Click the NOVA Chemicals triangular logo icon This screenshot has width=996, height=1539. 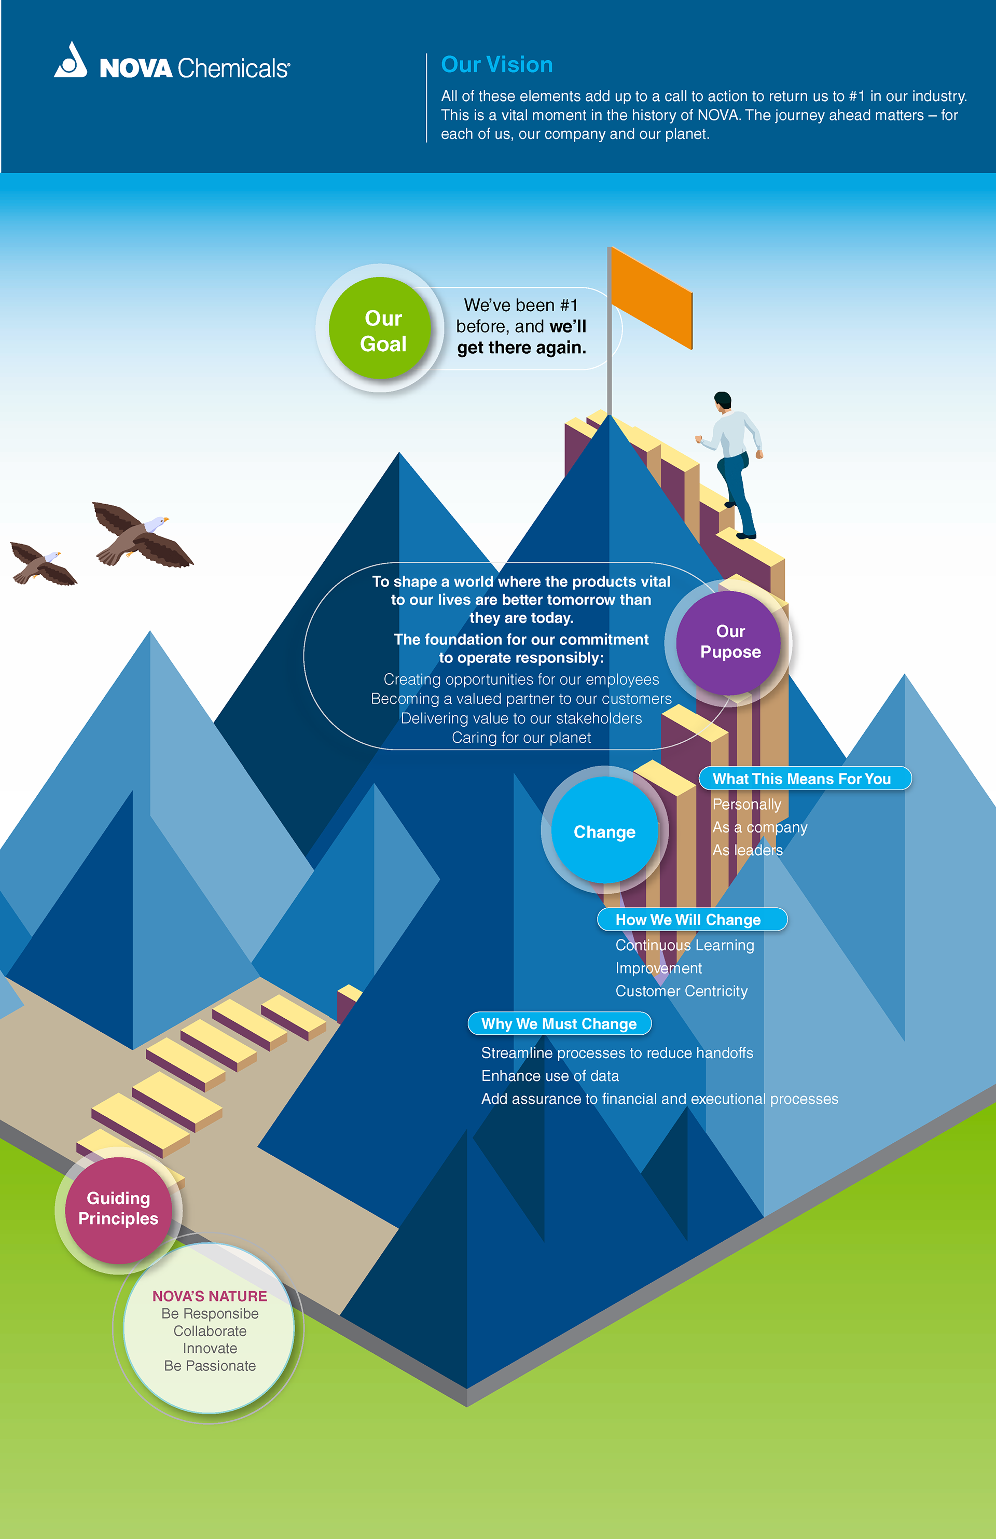71,61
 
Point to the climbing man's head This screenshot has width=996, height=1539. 723,400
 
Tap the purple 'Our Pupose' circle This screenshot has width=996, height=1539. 729,642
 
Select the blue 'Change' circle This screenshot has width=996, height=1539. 604,831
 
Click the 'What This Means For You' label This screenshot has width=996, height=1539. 802,779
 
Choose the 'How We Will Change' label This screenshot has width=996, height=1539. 688,920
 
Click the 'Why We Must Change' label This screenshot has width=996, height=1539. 559,1023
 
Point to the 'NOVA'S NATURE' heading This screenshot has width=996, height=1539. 210,1296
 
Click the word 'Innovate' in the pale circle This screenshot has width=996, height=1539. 210,1348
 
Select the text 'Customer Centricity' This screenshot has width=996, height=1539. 681,991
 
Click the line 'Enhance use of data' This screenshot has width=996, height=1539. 550,1076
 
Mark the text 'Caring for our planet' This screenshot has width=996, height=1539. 521,738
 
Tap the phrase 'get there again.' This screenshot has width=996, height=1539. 521,348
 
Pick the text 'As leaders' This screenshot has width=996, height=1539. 748,850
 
